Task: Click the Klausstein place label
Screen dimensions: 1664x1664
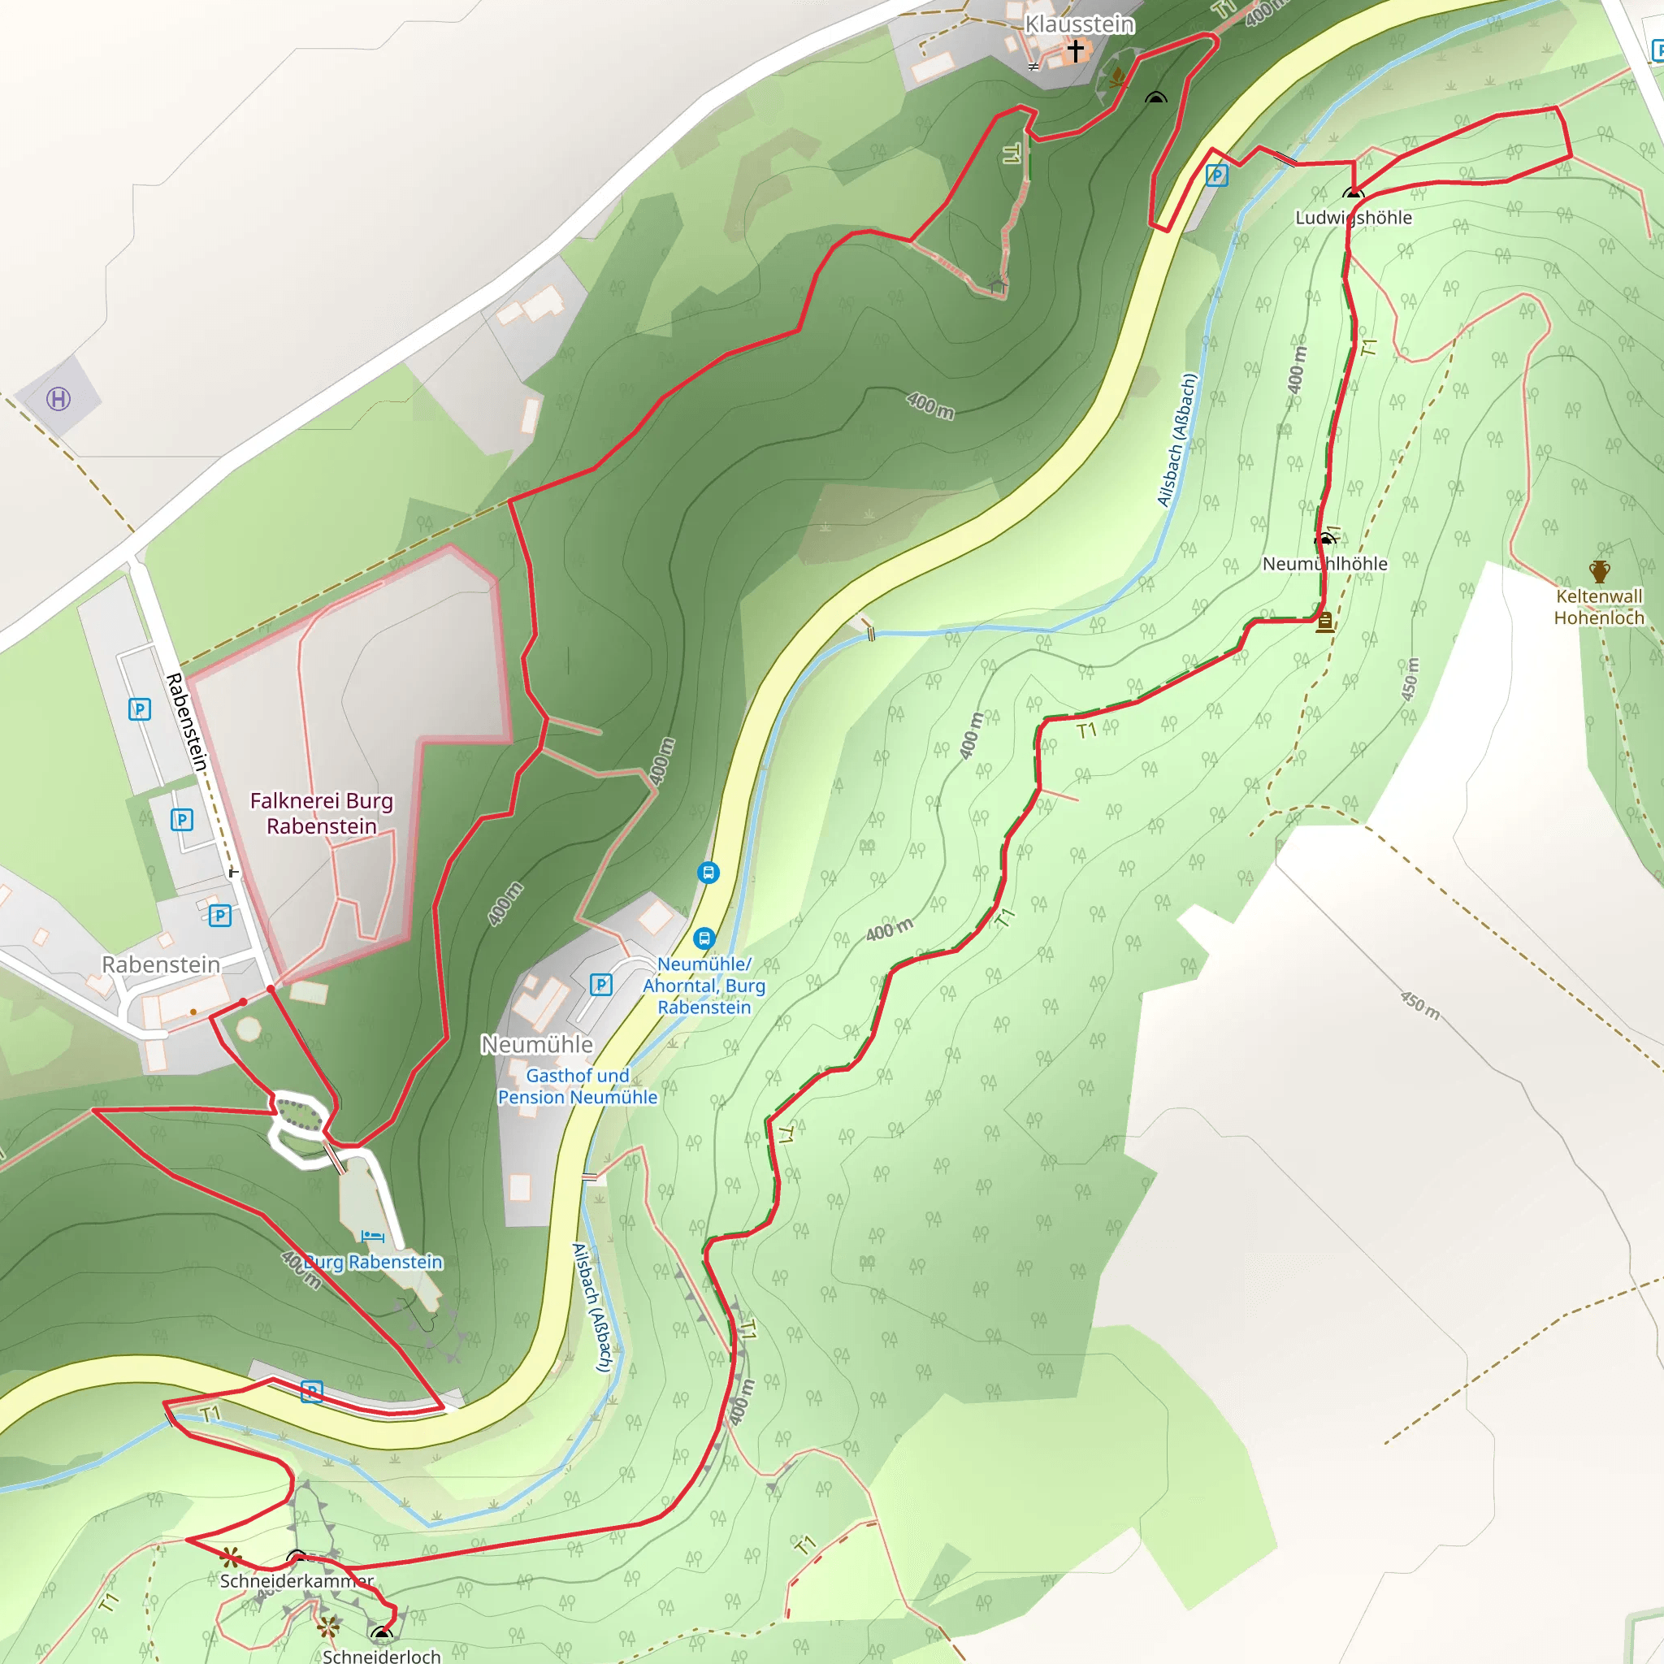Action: coord(1078,24)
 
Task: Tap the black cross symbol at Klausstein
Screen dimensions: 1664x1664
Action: coord(1075,52)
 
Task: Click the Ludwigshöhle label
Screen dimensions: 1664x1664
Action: coord(1353,218)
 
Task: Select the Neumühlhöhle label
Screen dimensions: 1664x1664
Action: coord(1324,564)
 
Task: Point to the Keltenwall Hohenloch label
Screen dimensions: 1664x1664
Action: coord(1598,606)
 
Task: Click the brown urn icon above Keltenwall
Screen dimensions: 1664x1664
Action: coord(1599,571)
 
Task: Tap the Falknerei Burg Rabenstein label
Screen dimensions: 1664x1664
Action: coord(321,813)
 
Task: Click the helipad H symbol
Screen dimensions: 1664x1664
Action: coord(58,399)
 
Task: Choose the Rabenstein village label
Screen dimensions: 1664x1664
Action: coord(161,964)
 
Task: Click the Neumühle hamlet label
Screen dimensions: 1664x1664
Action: coord(536,1045)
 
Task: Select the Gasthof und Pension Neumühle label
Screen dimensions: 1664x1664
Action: coord(577,1086)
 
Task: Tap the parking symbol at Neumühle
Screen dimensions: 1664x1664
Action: coord(601,984)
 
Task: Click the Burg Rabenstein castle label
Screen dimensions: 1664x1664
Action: coord(372,1262)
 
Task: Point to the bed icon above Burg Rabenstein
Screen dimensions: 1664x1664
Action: coord(373,1237)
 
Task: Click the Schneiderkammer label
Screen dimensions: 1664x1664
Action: coord(297,1580)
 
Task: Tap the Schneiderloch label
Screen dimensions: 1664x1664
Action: coord(382,1655)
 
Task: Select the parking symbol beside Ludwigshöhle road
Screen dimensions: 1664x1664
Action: coord(1216,176)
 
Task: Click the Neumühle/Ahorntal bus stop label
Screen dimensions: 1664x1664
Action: coord(704,986)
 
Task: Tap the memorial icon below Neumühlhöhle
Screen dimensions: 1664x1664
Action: coord(1324,622)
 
